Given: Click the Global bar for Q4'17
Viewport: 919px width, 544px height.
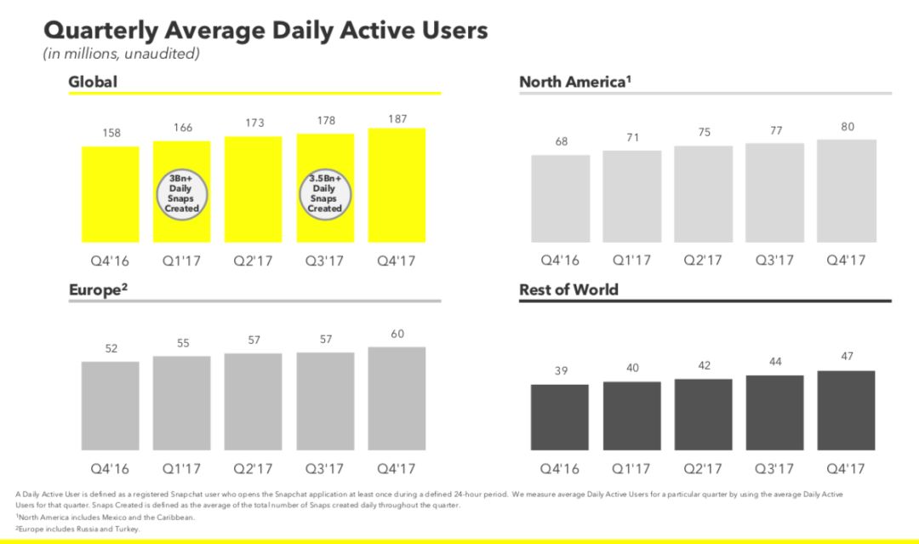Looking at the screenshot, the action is (x=397, y=186).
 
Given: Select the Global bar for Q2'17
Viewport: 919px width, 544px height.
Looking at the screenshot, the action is (x=254, y=189).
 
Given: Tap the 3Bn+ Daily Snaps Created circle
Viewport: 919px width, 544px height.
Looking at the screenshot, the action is (x=182, y=194).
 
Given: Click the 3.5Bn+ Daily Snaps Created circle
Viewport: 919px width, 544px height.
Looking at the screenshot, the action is (x=325, y=194).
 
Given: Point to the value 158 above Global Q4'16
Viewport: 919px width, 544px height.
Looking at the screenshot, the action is (x=111, y=133).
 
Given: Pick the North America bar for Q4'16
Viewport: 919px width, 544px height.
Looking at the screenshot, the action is (x=560, y=198).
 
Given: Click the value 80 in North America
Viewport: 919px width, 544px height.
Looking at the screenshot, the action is (x=848, y=127).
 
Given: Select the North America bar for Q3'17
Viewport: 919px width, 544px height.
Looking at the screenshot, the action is (x=775, y=193).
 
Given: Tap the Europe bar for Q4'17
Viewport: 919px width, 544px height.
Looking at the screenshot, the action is (x=397, y=398).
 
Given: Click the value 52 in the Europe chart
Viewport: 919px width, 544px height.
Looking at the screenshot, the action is (x=111, y=348).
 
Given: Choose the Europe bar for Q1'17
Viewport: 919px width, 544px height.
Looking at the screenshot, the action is (x=182, y=404).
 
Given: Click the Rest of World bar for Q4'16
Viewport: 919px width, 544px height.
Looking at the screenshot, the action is (x=560, y=417).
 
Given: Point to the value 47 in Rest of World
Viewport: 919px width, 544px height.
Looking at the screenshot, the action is (x=847, y=357).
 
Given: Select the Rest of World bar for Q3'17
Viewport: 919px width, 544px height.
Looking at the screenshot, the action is (x=775, y=413).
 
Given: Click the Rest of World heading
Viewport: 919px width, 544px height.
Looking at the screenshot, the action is (x=568, y=289).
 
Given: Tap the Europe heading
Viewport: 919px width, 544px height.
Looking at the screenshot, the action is (x=98, y=289).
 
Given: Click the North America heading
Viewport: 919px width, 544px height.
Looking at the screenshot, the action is (x=575, y=82).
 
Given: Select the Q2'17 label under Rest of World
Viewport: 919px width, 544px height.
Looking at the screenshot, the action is (x=703, y=469).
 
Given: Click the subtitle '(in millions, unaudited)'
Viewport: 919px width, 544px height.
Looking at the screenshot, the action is (x=122, y=54).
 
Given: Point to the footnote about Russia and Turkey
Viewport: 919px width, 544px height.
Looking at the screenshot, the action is (x=78, y=529).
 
